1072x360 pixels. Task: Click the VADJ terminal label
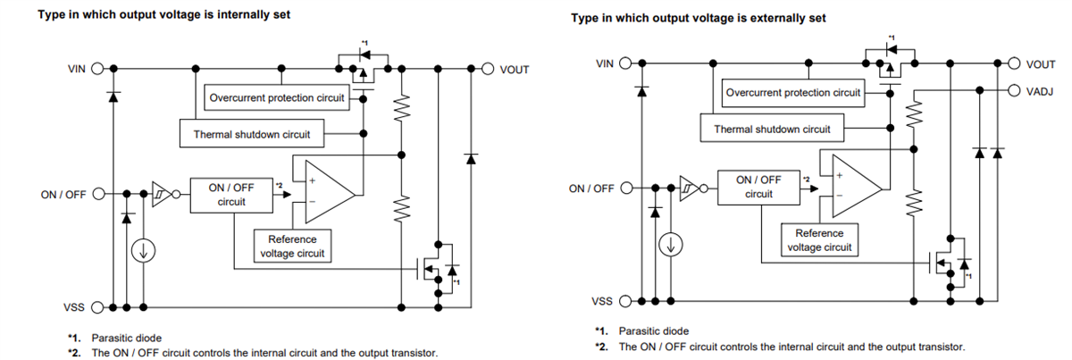1040,90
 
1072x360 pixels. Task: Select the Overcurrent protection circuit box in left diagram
276,97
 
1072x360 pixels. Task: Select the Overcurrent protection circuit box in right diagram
793,93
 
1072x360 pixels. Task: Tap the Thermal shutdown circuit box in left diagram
252,135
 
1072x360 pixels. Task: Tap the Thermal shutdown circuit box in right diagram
771,130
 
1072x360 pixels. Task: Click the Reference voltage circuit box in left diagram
292,246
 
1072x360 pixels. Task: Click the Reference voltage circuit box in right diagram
819,239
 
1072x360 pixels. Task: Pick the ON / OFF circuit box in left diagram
230,195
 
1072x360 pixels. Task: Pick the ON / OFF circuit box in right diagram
758,187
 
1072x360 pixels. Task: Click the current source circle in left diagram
141,252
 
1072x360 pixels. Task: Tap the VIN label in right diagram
605,63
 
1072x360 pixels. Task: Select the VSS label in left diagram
75,306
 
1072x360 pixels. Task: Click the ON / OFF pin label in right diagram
591,188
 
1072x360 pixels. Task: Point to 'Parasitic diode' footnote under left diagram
126,339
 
